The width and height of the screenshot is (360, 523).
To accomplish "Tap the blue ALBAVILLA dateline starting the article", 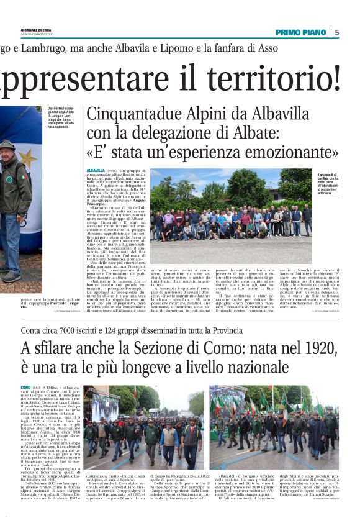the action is [x=96, y=170].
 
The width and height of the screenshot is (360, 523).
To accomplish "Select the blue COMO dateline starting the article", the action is [x=25, y=386].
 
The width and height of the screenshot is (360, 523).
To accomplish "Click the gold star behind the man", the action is [x=27, y=159].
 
